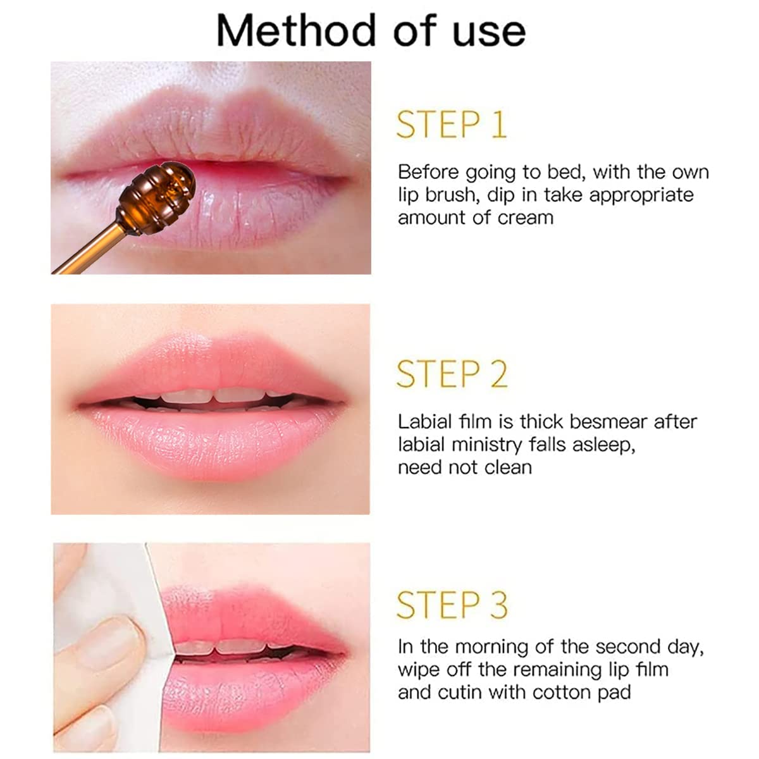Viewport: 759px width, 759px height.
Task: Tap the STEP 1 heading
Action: (x=452, y=125)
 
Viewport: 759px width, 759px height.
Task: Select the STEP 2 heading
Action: (x=452, y=374)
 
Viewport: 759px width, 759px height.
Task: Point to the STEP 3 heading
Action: (x=452, y=605)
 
